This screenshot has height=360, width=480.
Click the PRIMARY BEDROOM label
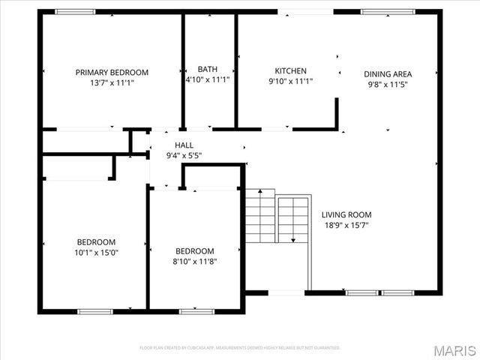pyautogui.click(x=112, y=73)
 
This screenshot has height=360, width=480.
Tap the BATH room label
pyautogui.click(x=207, y=70)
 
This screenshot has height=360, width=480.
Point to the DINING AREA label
pyautogui.click(x=388, y=74)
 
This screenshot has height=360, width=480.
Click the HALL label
pyautogui.click(x=184, y=145)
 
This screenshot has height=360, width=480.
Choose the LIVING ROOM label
pyautogui.click(x=346, y=214)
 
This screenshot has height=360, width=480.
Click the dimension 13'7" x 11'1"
pyautogui.click(x=112, y=83)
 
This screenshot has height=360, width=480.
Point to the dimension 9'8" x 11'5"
pyautogui.click(x=388, y=85)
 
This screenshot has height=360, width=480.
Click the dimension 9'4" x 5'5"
pyautogui.click(x=184, y=156)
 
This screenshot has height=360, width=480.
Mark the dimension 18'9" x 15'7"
pyautogui.click(x=346, y=224)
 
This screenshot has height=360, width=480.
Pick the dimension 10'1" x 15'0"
pyautogui.click(x=97, y=253)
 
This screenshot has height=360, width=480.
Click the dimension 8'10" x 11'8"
pyautogui.click(x=194, y=262)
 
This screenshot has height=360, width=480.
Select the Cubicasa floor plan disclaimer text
pyautogui.click(x=240, y=348)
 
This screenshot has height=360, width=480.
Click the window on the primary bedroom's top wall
pyautogui.click(x=75, y=11)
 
